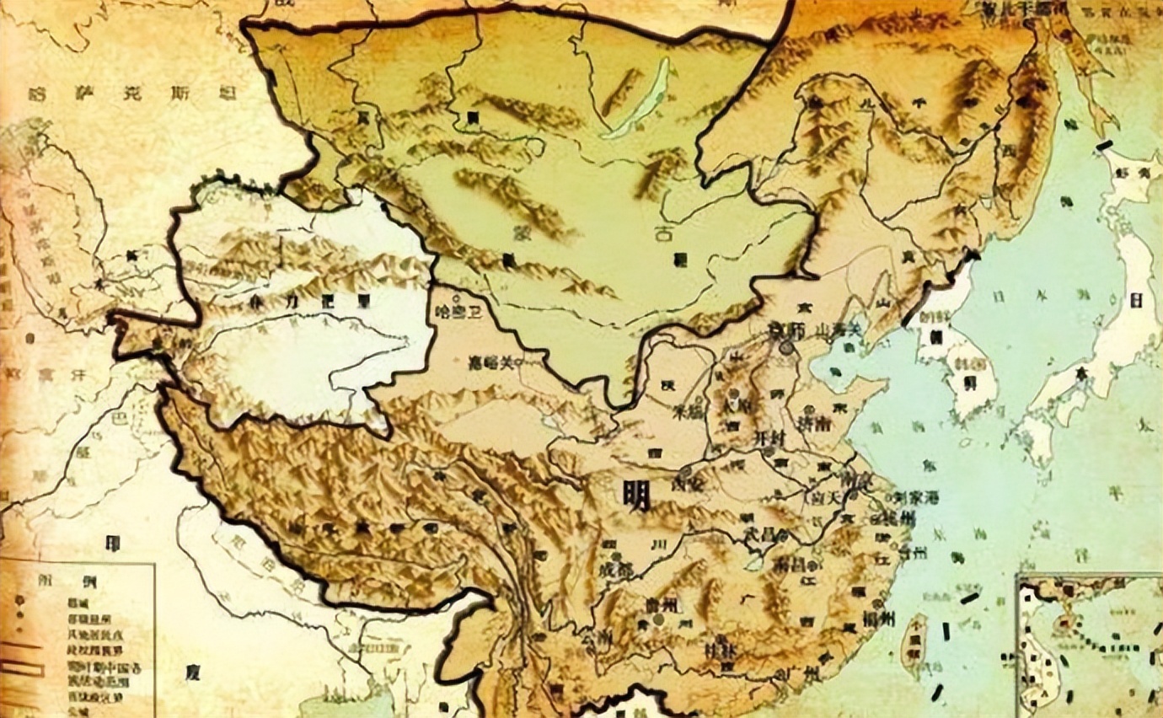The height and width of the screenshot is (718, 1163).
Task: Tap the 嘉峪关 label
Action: click(x=492, y=363)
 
